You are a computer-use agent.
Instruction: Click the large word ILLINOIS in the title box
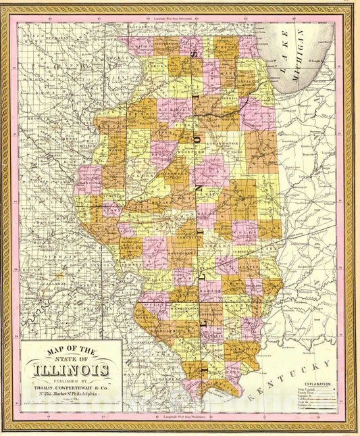pos(71,370)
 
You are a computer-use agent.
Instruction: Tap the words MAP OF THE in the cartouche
pos(71,349)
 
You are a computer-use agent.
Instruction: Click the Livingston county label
pos(228,144)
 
